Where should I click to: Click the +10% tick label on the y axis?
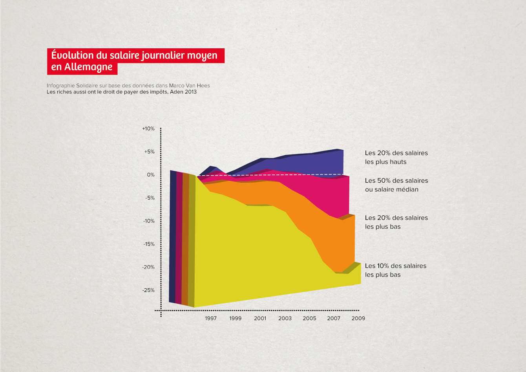tap(148, 129)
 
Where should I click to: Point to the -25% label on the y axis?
tap(148, 290)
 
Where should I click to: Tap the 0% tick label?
tap(151, 175)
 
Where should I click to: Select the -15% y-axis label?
tap(148, 244)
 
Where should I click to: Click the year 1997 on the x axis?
tap(211, 318)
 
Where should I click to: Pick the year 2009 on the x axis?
tap(358, 318)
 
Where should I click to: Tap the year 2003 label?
tap(285, 318)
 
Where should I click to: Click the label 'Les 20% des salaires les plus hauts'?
tap(396, 157)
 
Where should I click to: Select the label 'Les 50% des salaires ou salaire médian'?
tap(396, 185)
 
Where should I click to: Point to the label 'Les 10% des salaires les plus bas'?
tap(395, 270)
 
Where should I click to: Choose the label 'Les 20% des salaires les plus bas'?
tap(396, 222)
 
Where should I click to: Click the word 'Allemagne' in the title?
tap(88, 67)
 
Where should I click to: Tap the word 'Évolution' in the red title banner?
tap(72, 55)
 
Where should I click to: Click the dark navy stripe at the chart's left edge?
tap(172, 236)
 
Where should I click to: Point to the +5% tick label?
tap(149, 152)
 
